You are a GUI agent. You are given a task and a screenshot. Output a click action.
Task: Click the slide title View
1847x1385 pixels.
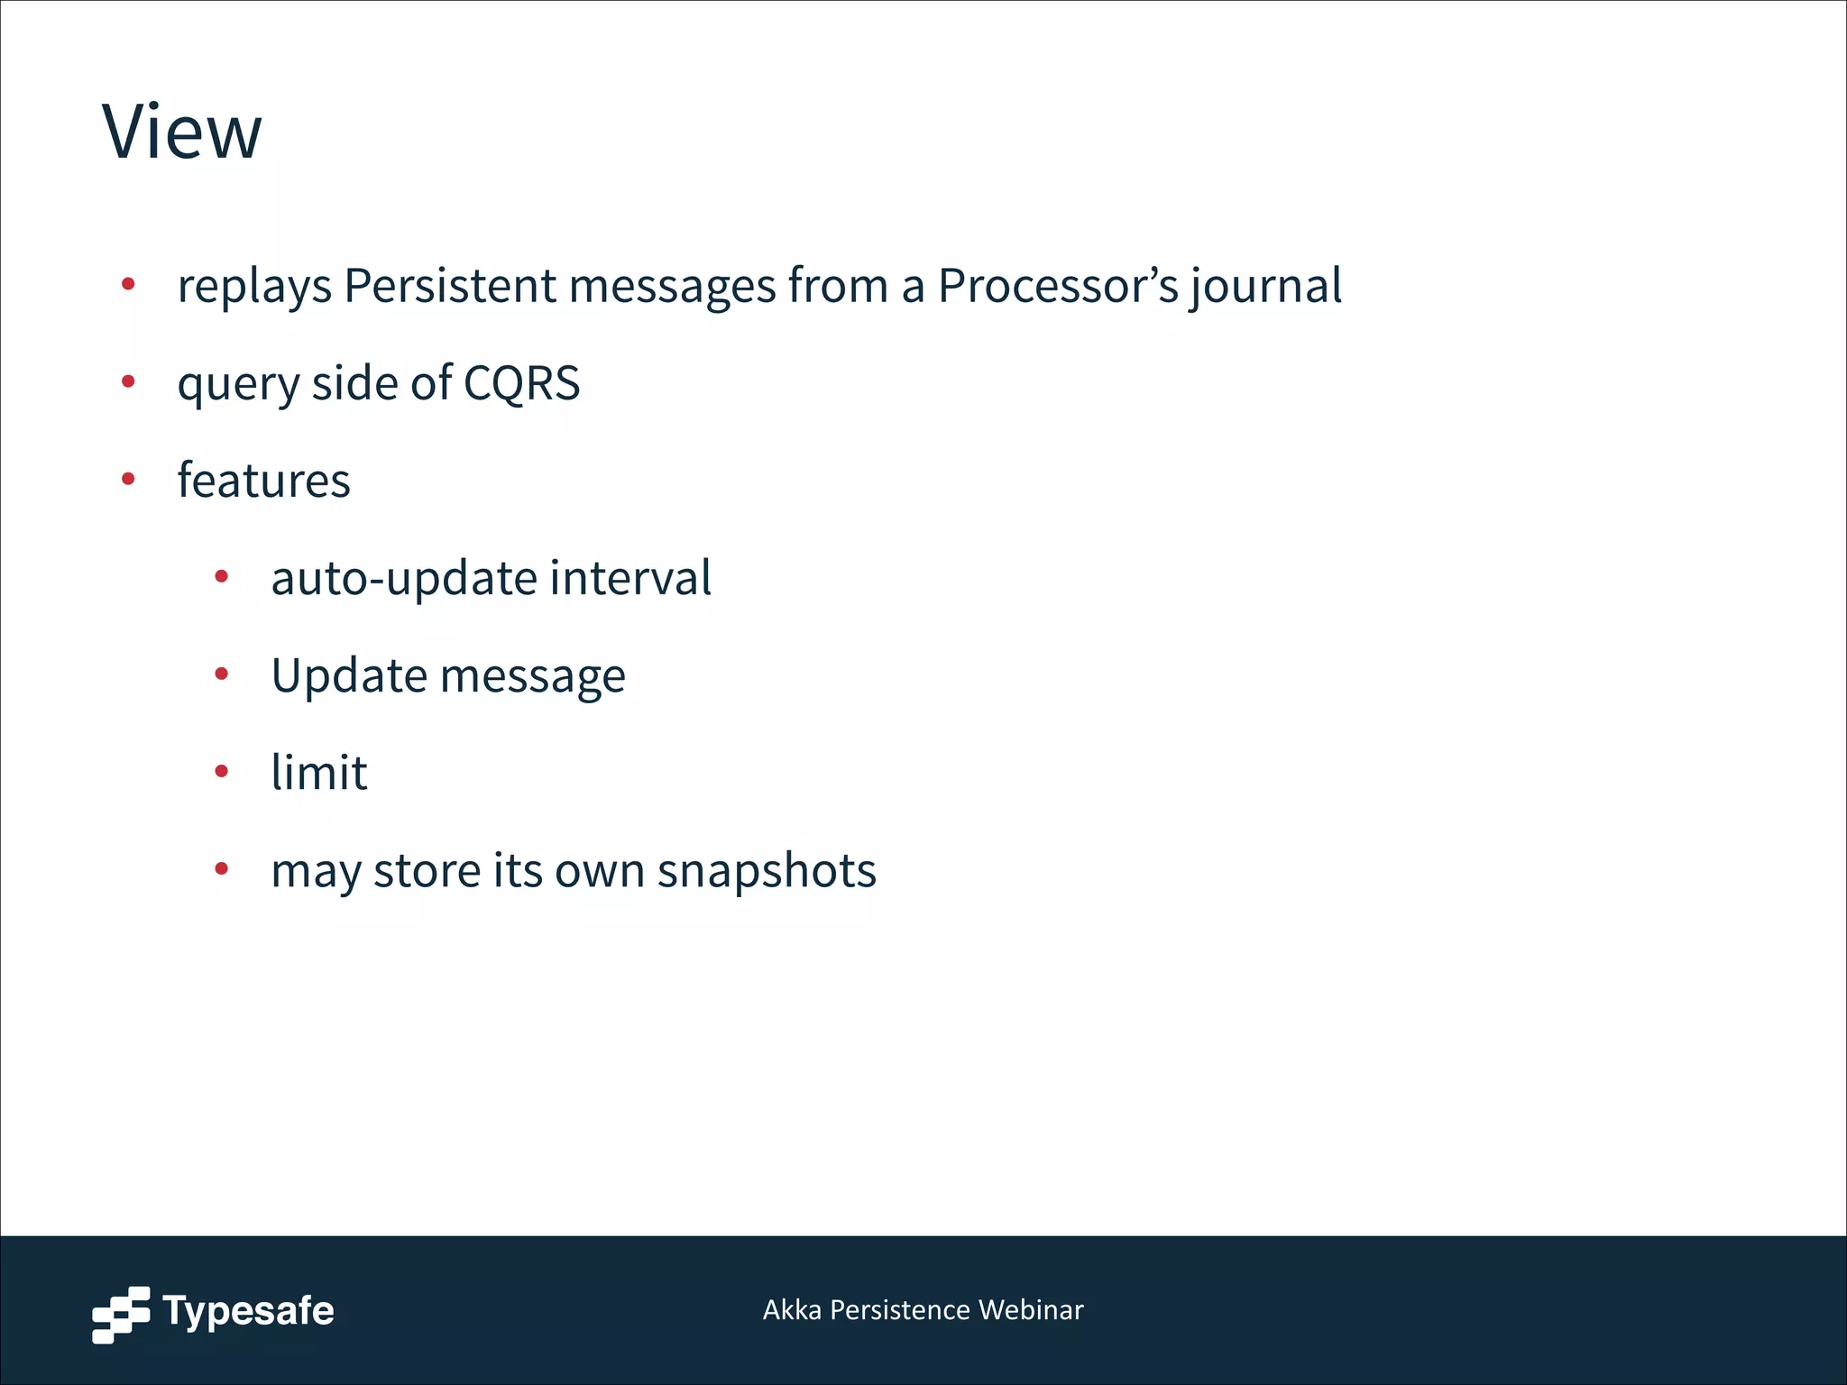pos(182,133)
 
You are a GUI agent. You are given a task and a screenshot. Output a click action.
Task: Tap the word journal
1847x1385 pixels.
pos(1265,286)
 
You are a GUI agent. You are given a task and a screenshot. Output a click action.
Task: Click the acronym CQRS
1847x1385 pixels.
pos(521,383)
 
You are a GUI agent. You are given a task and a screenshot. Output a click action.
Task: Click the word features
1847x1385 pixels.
pos(263,480)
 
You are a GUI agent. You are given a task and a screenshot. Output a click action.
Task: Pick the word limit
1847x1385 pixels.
pos(319,773)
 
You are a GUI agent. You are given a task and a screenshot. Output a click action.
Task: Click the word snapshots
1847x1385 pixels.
pos(767,871)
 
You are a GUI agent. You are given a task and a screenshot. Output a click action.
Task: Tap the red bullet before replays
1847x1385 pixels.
pos(128,285)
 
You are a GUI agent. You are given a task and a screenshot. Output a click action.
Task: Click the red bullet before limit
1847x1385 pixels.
pos(222,772)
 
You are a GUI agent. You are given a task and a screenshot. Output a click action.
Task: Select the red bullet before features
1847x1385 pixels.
pos(128,479)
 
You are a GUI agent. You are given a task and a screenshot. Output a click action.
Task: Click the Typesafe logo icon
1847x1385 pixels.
pos(121,1314)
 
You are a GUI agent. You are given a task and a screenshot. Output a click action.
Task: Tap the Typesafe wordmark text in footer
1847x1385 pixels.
pos(248,1311)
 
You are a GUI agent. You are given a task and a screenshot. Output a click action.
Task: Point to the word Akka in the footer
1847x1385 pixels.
pos(792,1310)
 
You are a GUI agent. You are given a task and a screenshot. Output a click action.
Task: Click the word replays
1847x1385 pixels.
pos(254,287)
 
